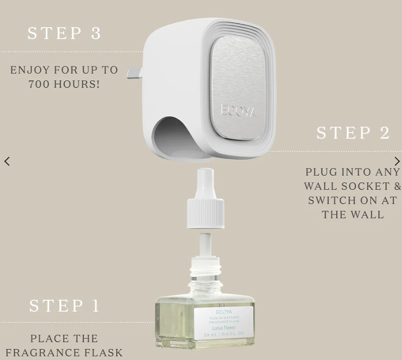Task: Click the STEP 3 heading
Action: coord(64,33)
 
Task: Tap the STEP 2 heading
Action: coord(353,133)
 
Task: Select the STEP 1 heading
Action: coord(64,306)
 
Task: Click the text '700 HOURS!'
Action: coord(64,84)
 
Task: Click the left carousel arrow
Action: coord(7,162)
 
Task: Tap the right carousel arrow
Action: coord(397,162)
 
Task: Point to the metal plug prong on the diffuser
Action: coord(134,74)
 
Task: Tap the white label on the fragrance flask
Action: coord(224,323)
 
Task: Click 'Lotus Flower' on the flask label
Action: coord(224,327)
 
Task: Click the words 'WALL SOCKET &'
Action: coord(352,187)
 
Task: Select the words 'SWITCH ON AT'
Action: coord(352,201)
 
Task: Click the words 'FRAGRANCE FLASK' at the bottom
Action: coord(64,353)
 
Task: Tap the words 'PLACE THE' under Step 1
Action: coord(64,339)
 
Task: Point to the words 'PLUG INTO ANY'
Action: coord(352,172)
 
